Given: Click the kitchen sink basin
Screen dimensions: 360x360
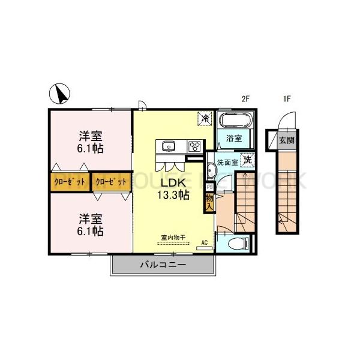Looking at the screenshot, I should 168,145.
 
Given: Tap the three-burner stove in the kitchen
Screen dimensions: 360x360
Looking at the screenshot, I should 194,145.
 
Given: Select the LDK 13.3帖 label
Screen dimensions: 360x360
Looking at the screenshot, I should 173,188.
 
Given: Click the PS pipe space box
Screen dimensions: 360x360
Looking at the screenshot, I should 209,187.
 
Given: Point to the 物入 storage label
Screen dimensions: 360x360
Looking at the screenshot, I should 209,202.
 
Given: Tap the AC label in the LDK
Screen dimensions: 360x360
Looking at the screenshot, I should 204,242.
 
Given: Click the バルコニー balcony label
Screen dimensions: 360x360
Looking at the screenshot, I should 163,264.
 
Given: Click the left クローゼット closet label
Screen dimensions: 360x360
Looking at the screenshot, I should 70,181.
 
